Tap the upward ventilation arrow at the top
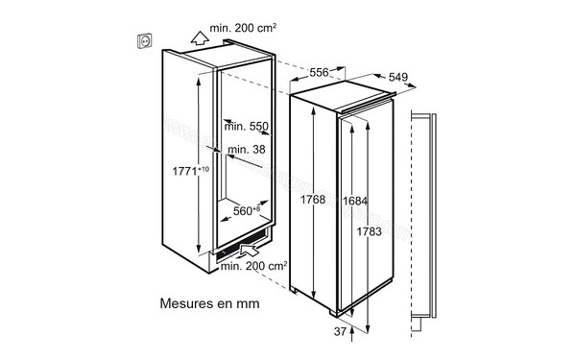pyautogui.click(x=199, y=38)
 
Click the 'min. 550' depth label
pyautogui.click(x=246, y=125)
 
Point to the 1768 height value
pyautogui.click(x=311, y=199)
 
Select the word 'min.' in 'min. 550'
pyautogui.click(x=234, y=125)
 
